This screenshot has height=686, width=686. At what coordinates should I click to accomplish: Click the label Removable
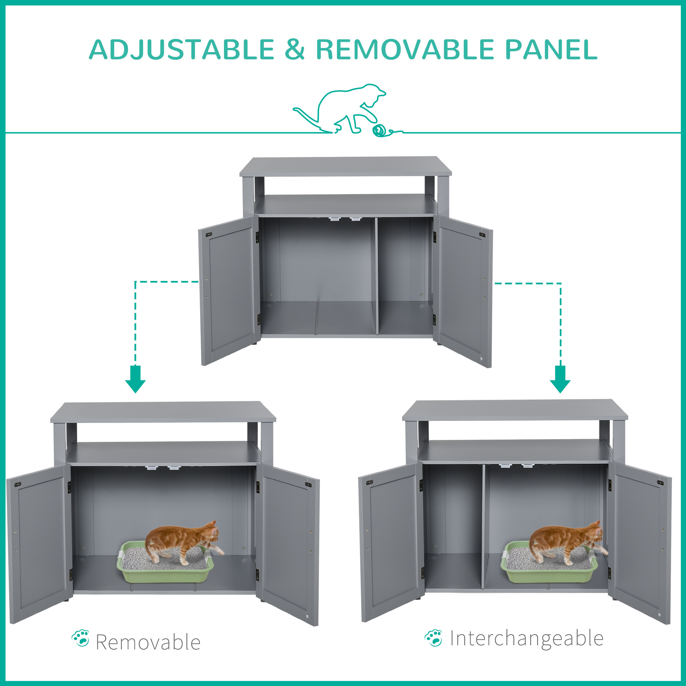coord(148,642)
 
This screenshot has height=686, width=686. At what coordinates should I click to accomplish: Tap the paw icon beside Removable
coord(81,638)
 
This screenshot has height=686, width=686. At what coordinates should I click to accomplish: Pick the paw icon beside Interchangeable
coord(434,638)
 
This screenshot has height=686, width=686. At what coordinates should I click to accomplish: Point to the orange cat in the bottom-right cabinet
coord(567,543)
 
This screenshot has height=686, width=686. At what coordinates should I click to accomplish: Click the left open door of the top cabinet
coord(230,291)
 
